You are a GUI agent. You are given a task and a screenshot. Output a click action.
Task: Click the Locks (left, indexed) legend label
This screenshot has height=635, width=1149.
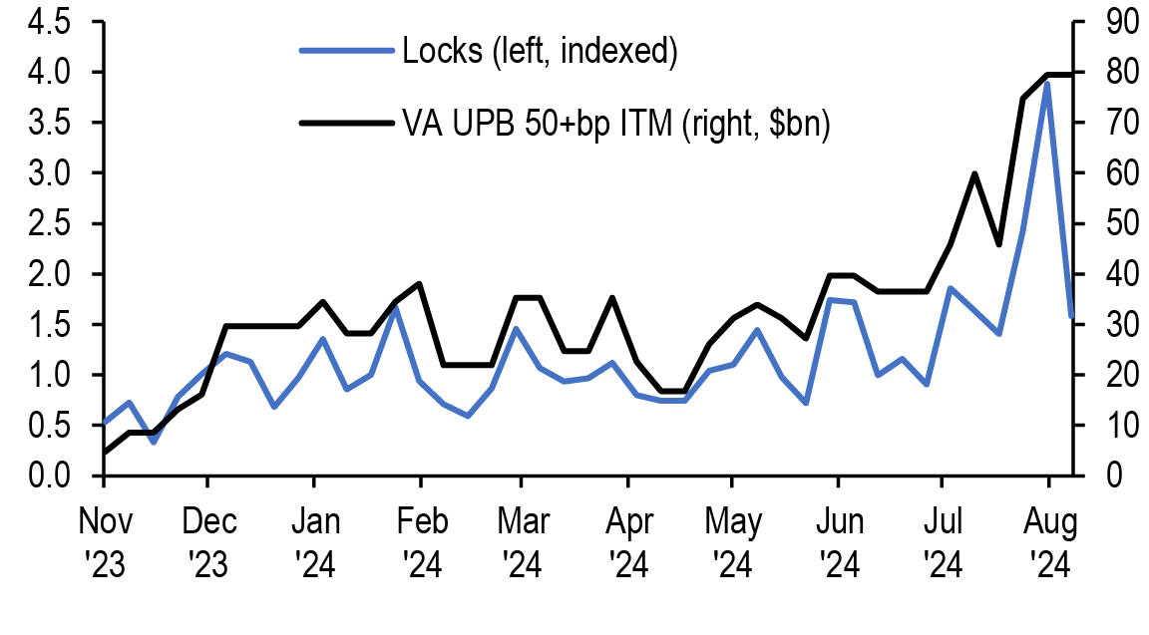pos(540,51)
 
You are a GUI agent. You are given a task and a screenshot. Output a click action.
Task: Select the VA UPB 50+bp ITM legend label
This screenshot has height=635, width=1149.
pos(615,124)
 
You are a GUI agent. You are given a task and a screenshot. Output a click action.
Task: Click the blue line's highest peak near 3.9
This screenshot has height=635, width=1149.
pos(1047,84)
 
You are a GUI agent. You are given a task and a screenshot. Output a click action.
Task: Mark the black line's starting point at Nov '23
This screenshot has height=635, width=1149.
pos(105,453)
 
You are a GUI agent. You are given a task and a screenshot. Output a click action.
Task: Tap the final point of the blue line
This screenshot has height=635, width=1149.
pos(1071,317)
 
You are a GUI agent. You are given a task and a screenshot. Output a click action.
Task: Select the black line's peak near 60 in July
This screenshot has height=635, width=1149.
pos(973,173)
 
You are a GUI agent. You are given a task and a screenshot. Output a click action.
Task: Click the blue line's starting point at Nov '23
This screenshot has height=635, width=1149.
pos(105,424)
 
